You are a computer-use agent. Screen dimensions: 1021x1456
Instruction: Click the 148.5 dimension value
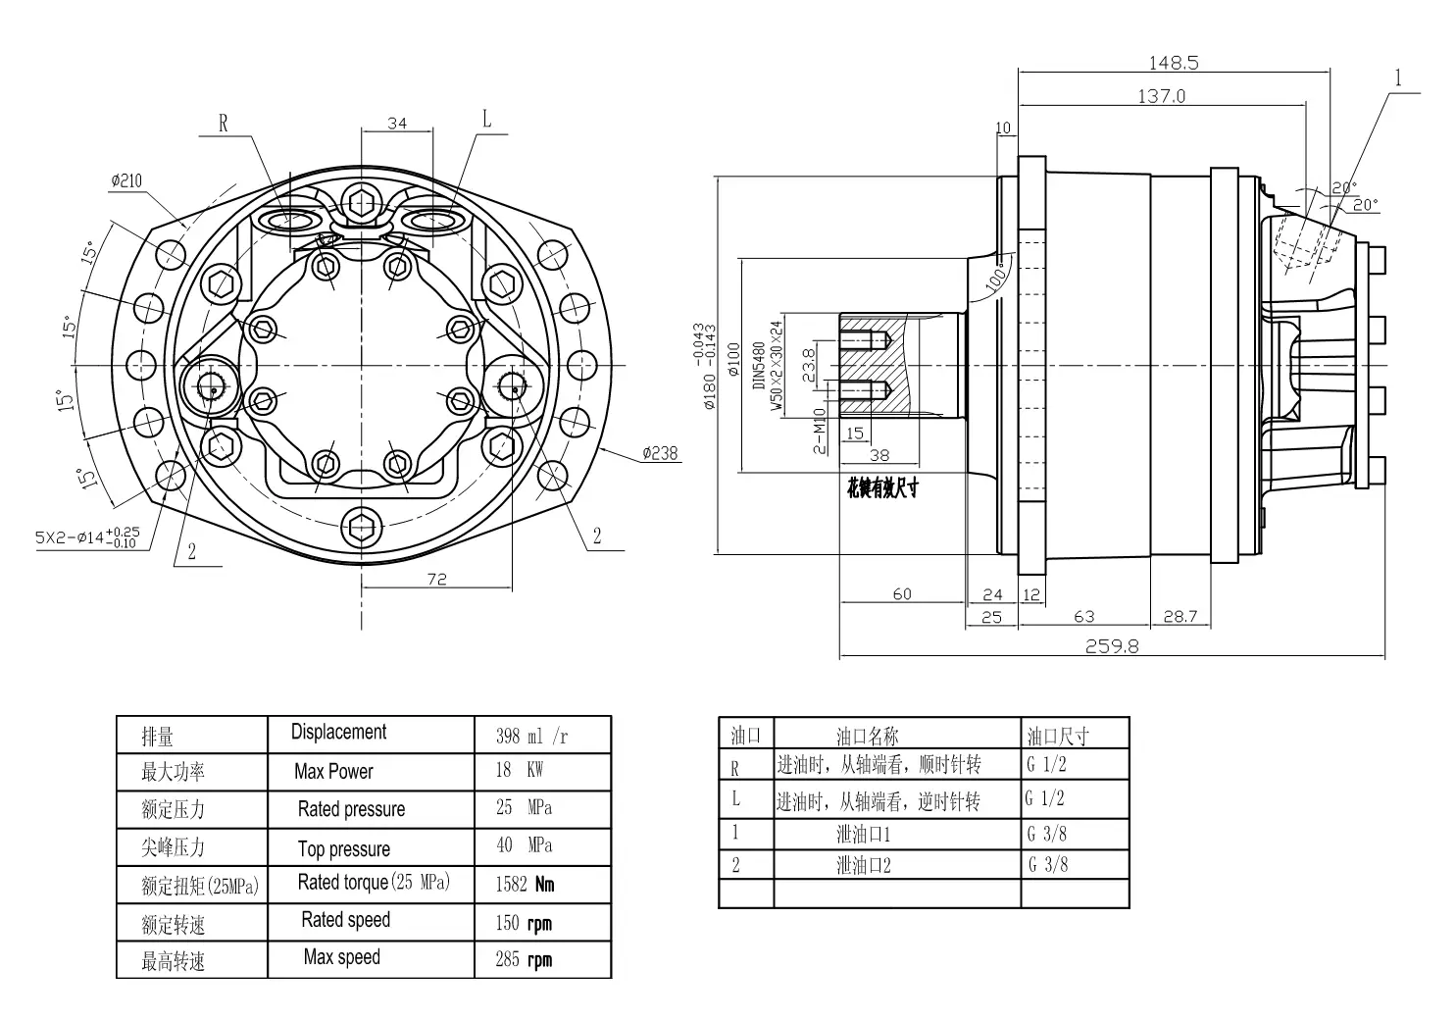point(1173,63)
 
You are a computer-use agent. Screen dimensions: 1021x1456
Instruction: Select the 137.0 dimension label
point(1161,96)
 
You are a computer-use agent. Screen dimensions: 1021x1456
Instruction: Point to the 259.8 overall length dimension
point(1111,647)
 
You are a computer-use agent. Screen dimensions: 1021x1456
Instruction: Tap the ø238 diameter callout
point(660,453)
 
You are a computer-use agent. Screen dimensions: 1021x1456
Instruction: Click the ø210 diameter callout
point(126,180)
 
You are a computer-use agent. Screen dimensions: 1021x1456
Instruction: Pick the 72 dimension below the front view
point(436,580)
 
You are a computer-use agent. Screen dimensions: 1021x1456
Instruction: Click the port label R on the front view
point(223,124)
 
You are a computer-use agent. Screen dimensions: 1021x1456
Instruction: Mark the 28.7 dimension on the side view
point(1180,617)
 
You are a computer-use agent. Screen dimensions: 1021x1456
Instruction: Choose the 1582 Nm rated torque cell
point(525,884)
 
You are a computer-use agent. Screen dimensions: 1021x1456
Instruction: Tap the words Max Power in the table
point(333,772)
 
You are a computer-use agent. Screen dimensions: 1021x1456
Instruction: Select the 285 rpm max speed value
point(524,959)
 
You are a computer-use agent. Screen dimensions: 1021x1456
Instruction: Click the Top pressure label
point(343,848)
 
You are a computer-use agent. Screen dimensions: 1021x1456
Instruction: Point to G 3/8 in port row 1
point(1046,834)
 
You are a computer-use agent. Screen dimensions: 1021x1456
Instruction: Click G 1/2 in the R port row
point(1046,765)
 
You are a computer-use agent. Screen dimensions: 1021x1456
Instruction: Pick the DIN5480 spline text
point(759,366)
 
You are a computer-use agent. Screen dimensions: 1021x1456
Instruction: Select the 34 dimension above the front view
point(397,124)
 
